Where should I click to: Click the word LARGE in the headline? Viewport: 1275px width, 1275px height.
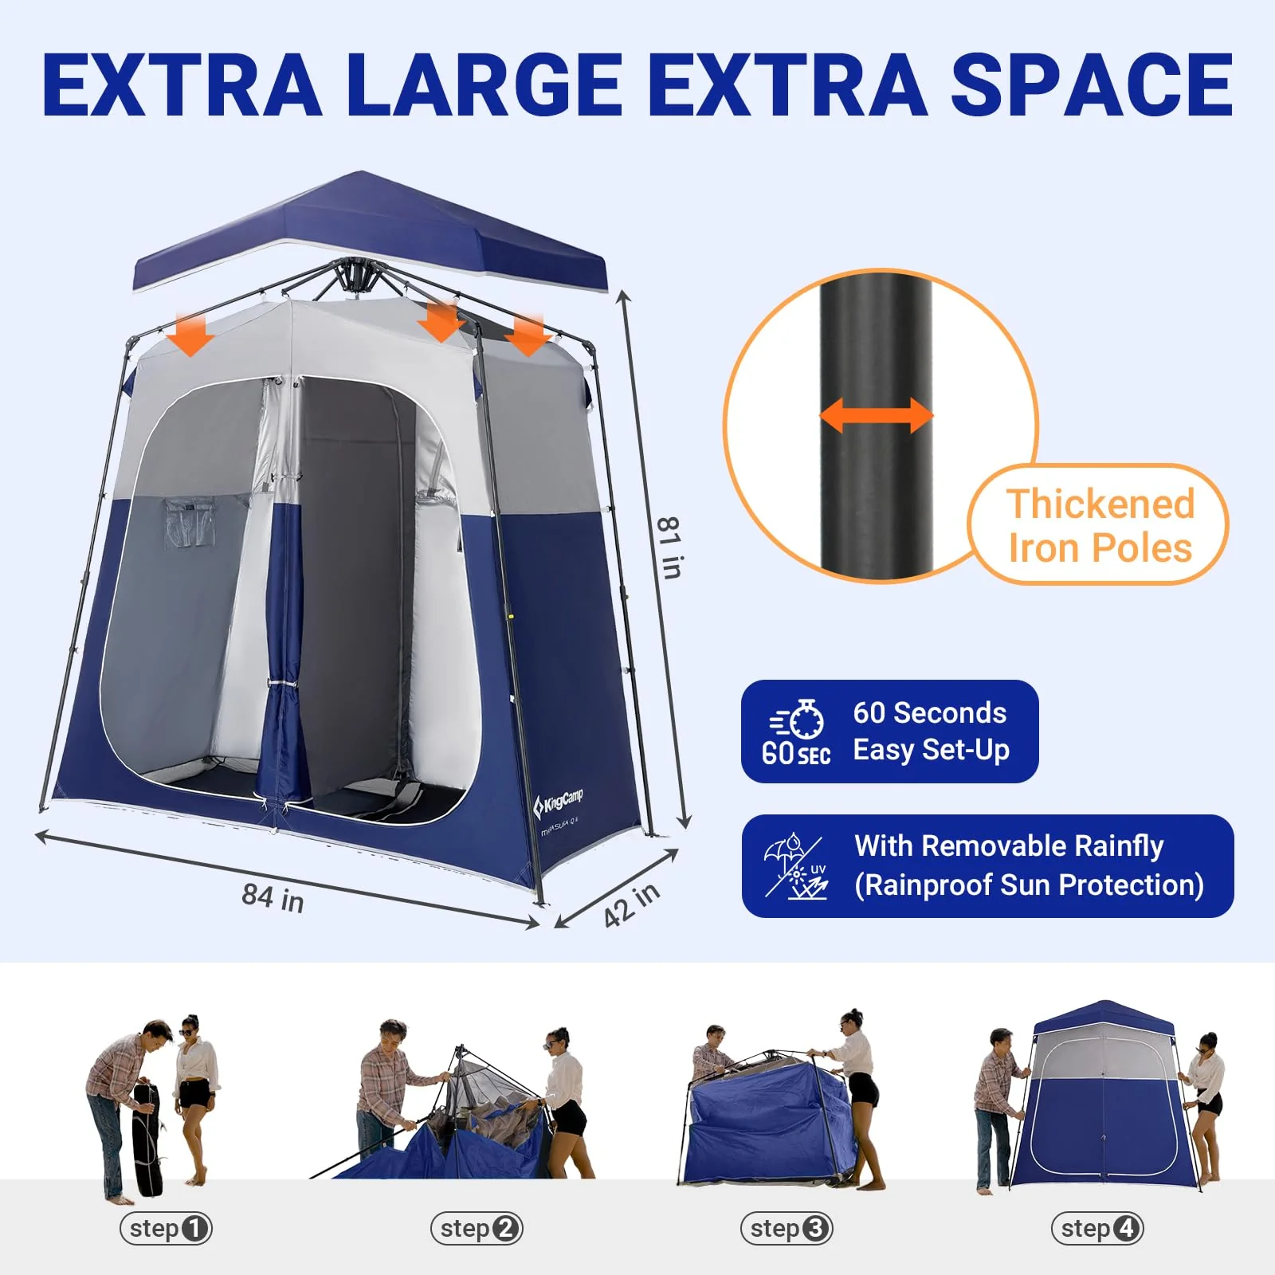click(484, 85)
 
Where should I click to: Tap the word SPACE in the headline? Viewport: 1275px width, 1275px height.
click(1092, 85)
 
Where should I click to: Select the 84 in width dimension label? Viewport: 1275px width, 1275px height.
click(273, 898)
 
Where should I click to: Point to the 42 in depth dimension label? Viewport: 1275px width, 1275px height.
click(632, 904)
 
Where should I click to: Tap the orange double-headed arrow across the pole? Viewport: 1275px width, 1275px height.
click(876, 416)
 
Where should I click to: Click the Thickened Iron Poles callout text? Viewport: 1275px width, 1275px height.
click(1100, 526)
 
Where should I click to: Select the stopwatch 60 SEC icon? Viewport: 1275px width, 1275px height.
click(796, 732)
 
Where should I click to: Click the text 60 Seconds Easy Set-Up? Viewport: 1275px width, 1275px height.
click(931, 732)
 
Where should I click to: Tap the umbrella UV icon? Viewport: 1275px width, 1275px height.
click(796, 866)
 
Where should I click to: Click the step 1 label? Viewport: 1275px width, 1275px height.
click(167, 1228)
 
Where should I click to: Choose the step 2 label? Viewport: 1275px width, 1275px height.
click(477, 1228)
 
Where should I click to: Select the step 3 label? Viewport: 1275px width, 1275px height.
click(787, 1228)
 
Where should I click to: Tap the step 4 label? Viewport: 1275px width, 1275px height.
click(1097, 1228)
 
